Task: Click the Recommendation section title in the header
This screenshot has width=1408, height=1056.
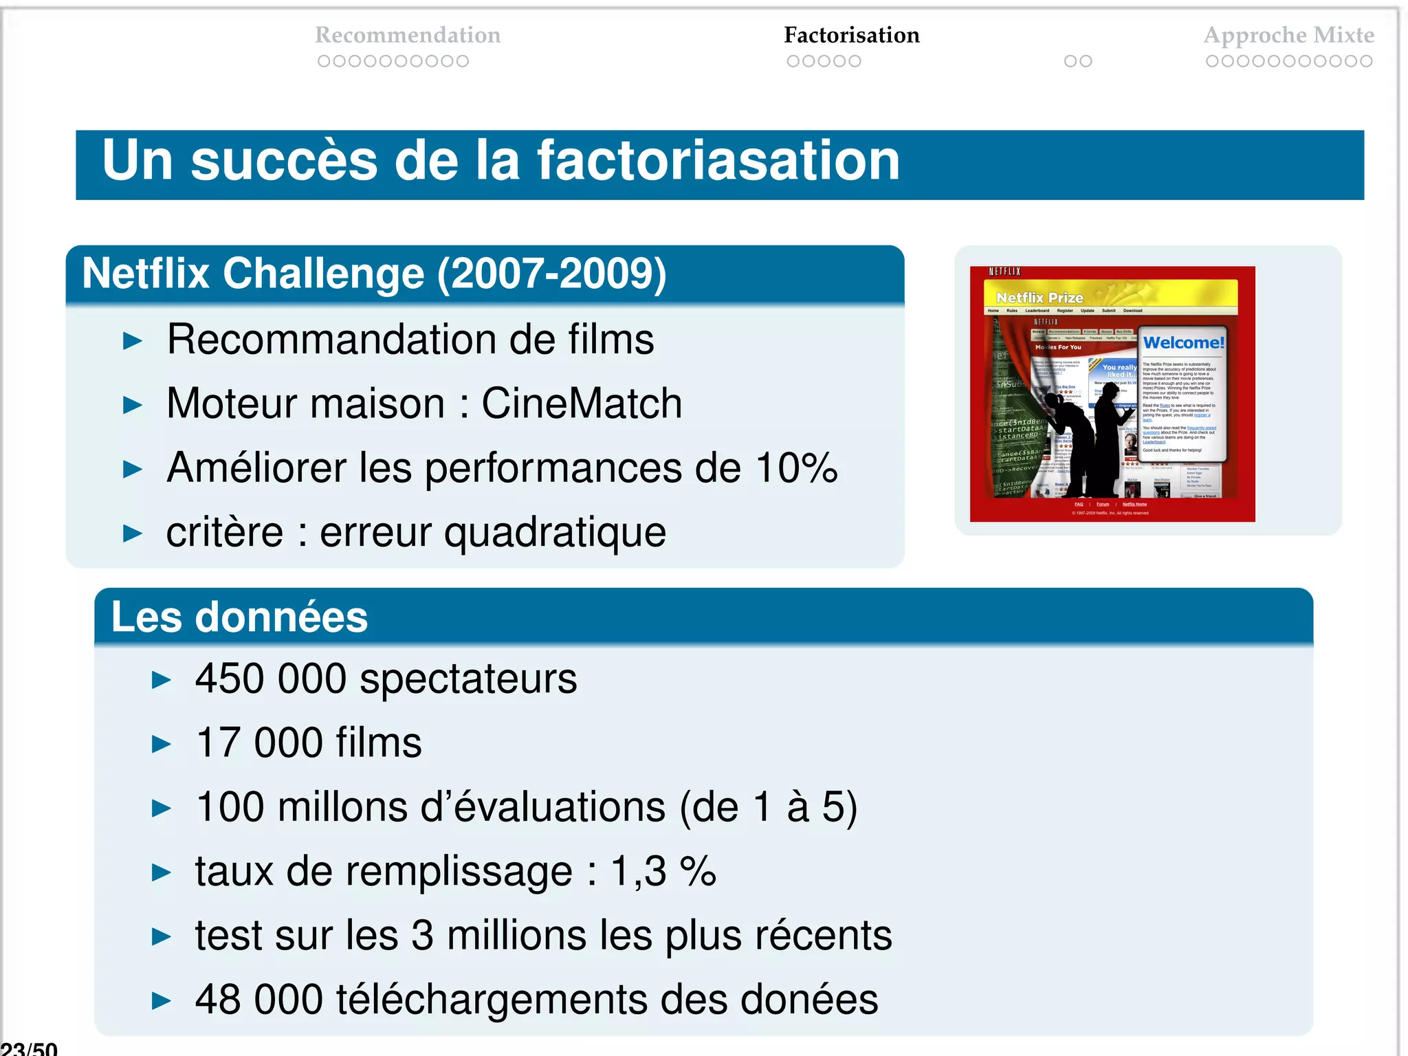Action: pos(408,35)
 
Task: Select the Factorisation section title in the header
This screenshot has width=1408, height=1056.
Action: pos(851,35)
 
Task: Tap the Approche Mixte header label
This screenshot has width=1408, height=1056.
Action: pos(1288,35)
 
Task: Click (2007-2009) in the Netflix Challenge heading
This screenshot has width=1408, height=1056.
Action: pos(551,274)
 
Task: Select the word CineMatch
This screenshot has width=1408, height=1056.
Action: pos(582,404)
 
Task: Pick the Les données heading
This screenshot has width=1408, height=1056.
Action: pos(239,617)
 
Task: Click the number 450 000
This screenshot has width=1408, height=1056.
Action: pos(271,679)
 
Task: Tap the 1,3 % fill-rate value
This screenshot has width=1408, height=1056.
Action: pos(663,871)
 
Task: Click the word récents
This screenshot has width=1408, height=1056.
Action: pos(824,936)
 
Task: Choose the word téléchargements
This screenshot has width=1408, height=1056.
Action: pos(491,1000)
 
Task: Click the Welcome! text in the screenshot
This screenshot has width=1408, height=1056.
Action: pos(1183,342)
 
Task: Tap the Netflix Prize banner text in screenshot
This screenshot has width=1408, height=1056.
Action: pos(1039,298)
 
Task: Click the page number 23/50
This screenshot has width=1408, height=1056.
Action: pos(29,1048)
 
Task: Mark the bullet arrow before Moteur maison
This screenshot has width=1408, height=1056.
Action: pos(132,405)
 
